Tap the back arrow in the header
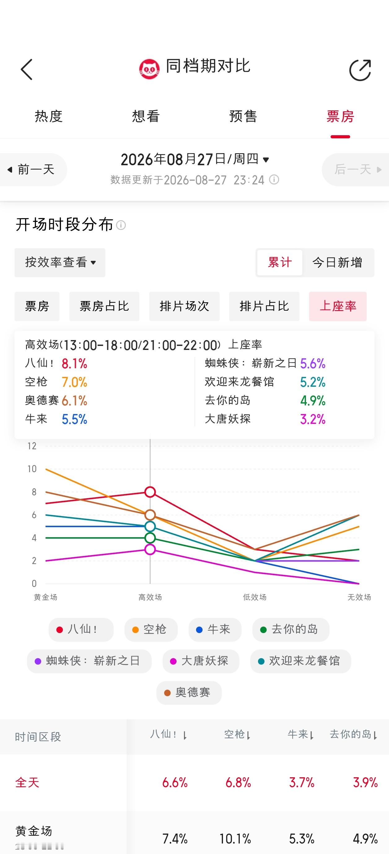[27, 70]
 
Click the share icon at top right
[360, 70]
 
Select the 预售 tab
[243, 116]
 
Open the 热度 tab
[48, 116]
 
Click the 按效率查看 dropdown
[60, 262]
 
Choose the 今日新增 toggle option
[337, 263]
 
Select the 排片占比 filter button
[264, 306]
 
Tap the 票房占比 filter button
[104, 306]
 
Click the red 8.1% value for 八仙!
[74, 364]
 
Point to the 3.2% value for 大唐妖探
[313, 419]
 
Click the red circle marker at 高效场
[150, 492]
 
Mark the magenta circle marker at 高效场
[150, 549]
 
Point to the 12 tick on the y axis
[32, 446]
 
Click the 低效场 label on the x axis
[255, 597]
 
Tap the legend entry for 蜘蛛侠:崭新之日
[89, 661]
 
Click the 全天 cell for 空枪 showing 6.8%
[238, 783]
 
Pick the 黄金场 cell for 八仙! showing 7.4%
[175, 839]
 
